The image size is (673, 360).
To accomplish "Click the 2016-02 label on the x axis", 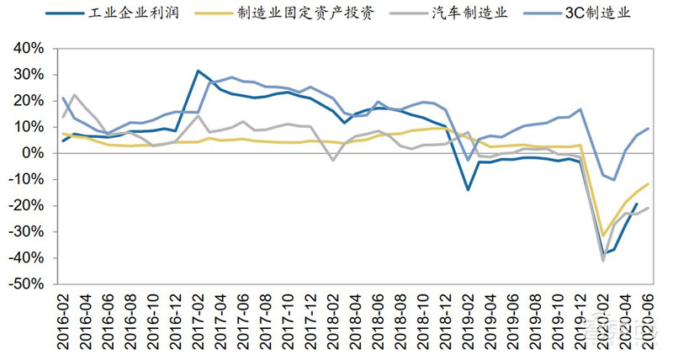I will pyautogui.click(x=64, y=324).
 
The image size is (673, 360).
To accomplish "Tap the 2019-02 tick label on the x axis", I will pyautogui.click(x=468, y=324).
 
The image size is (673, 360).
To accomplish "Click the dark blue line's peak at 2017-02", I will pyautogui.click(x=198, y=71).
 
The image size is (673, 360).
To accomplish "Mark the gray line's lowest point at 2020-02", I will pyautogui.click(x=603, y=260).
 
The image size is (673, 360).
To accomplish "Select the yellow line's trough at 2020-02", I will pyautogui.click(x=603, y=236).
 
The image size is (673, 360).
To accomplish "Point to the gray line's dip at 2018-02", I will pyautogui.click(x=333, y=160).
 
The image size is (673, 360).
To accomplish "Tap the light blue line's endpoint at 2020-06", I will pyautogui.click(x=648, y=129).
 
